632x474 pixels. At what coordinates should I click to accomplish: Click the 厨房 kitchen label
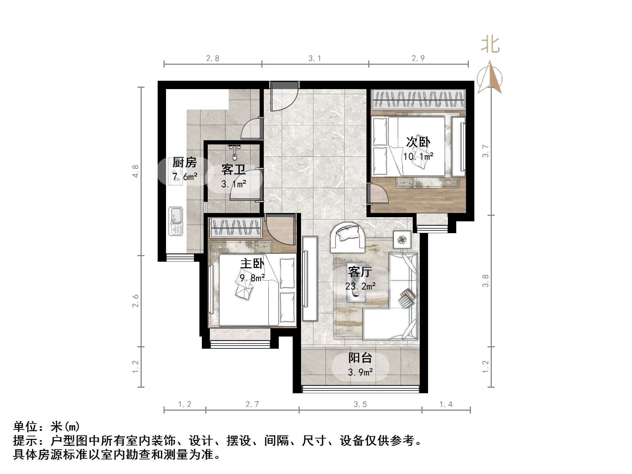pyautogui.click(x=184, y=163)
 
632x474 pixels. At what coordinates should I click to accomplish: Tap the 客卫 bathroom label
pyautogui.click(x=233, y=169)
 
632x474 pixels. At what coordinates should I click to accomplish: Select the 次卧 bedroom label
pyautogui.click(x=418, y=142)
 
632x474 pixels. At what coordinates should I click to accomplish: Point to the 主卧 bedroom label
pyautogui.click(x=252, y=263)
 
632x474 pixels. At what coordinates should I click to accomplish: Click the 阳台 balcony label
pyautogui.click(x=360, y=358)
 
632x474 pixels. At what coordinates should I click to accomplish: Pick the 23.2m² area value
pyautogui.click(x=360, y=286)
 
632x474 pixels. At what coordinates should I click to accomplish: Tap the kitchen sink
pyautogui.click(x=176, y=221)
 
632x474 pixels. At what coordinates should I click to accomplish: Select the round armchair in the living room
pyautogui.click(x=348, y=237)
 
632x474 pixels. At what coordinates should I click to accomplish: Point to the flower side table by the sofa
pyautogui.click(x=402, y=239)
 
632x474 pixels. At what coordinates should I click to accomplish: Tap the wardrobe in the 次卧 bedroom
pyautogui.click(x=418, y=100)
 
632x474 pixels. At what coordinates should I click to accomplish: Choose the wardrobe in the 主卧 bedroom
pyautogui.click(x=236, y=228)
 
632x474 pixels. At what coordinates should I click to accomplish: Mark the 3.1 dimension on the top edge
pyautogui.click(x=315, y=58)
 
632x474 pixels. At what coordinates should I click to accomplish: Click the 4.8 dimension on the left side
pyautogui.click(x=135, y=171)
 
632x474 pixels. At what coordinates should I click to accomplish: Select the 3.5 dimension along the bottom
pyautogui.click(x=360, y=404)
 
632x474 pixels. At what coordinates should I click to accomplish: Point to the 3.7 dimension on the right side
pyautogui.click(x=485, y=151)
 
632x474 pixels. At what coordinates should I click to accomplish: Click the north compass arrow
pyautogui.click(x=490, y=78)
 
